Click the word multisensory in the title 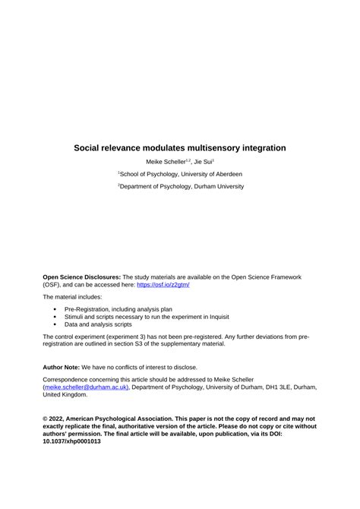tap(221, 147)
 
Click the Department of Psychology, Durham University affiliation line tap(180, 186)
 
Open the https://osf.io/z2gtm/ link tap(163, 285)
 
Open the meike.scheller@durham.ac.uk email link tap(86, 387)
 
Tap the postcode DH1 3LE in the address tap(273, 387)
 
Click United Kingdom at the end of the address tap(65, 394)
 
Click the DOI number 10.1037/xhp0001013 tap(71, 441)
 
